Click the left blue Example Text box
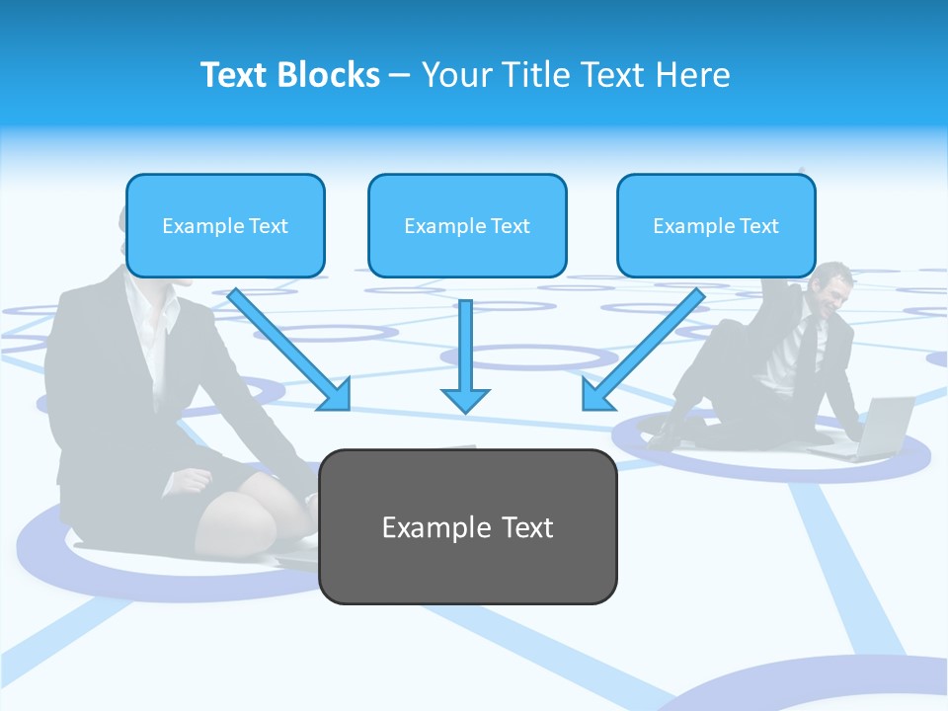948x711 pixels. point(225,225)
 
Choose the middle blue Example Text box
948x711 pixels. point(467,225)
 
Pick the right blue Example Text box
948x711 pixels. point(716,225)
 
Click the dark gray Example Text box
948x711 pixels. point(467,526)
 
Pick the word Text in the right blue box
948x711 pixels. point(759,225)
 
